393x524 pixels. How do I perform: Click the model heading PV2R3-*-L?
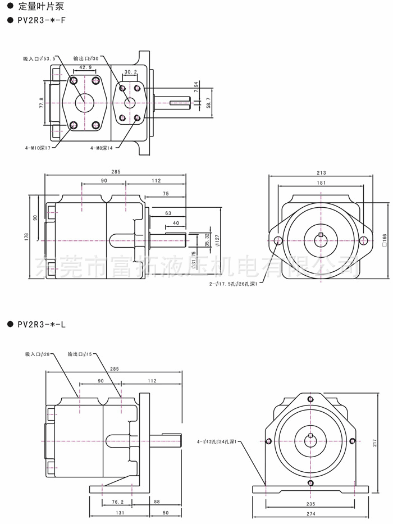pos(41,324)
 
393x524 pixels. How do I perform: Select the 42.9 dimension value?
pos(86,67)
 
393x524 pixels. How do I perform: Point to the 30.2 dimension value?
pos(130,72)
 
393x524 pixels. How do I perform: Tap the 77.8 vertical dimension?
pos(42,103)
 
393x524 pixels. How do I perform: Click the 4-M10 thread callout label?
pos(38,148)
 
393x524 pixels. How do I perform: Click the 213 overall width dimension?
pos(321,173)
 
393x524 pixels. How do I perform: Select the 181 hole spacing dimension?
pos(321,183)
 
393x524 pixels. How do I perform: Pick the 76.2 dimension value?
pos(118,502)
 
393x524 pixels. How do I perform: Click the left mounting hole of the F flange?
pos(279,241)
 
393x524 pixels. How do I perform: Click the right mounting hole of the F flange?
pos(363,241)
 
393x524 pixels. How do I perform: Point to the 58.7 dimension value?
pos(209,102)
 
